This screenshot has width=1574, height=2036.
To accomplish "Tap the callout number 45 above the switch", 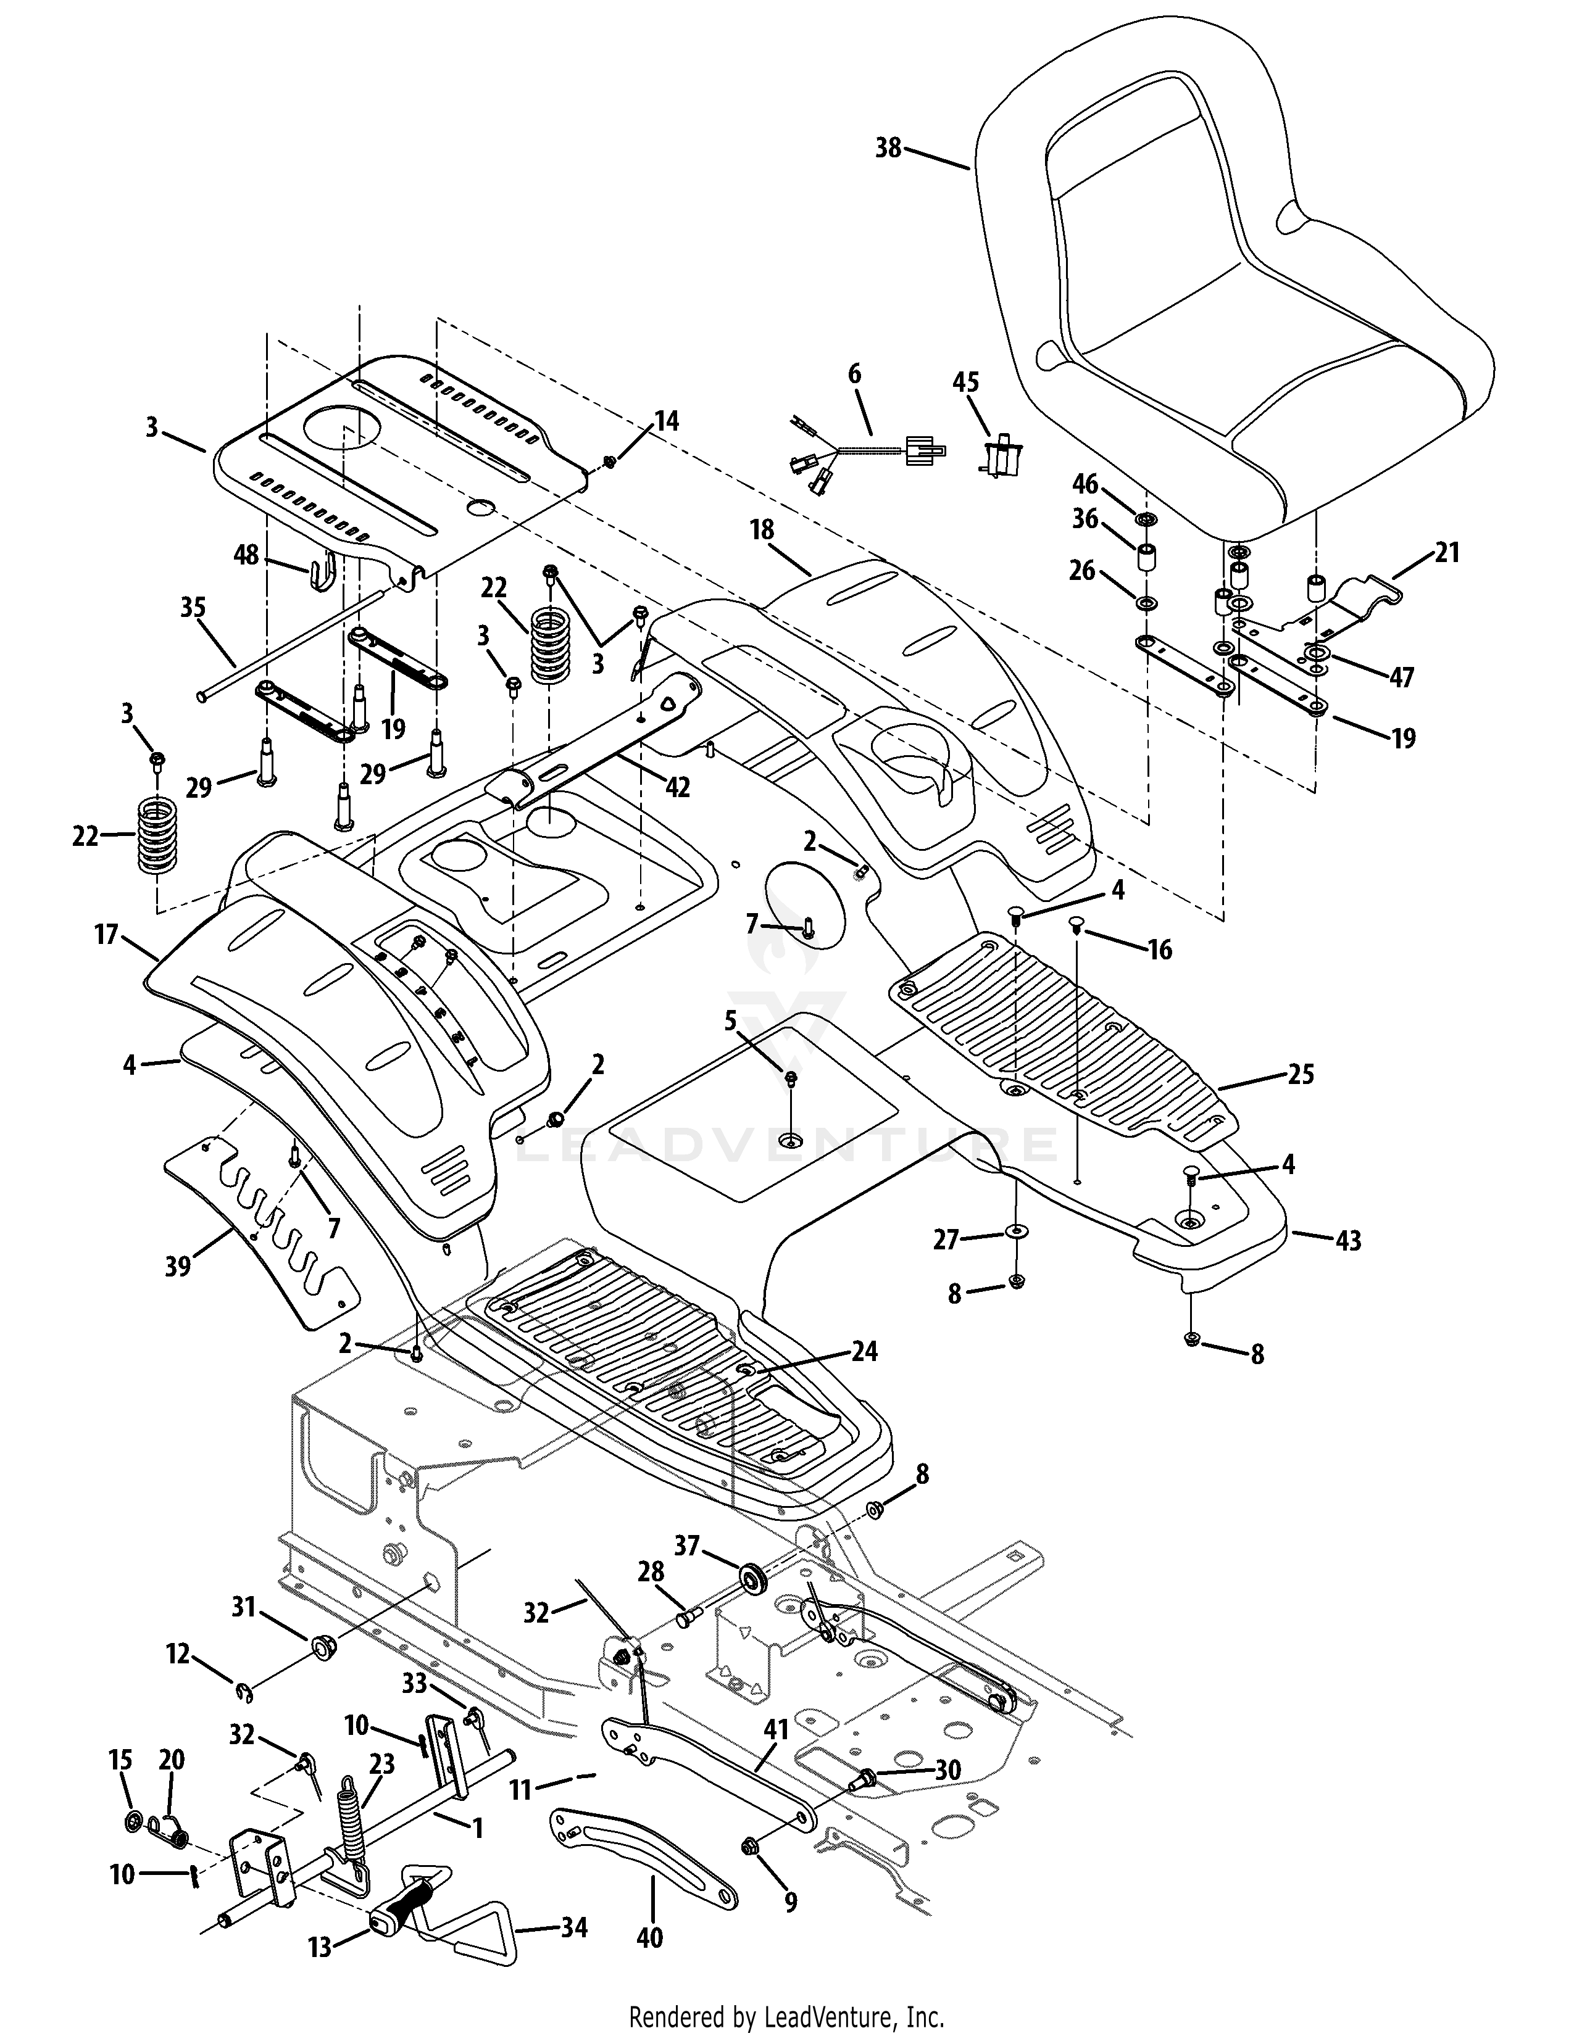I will [x=966, y=383].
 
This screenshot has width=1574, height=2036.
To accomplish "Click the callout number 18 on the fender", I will [x=762, y=529].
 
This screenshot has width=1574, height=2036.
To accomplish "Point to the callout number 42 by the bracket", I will [x=677, y=788].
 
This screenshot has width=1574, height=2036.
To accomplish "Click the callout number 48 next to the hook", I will [x=246, y=557].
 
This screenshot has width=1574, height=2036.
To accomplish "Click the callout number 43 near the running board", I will [x=1348, y=1241].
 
